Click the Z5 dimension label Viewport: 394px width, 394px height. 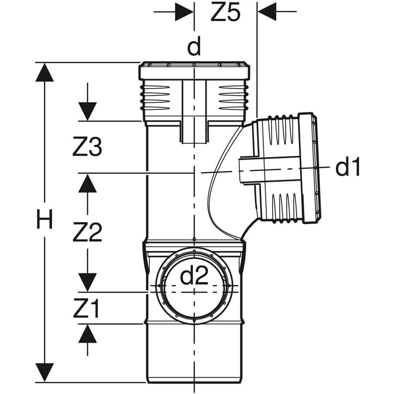click(225, 13)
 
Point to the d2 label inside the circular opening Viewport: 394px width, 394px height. click(195, 277)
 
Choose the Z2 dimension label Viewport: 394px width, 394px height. click(87, 232)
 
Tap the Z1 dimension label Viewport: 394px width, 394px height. click(86, 309)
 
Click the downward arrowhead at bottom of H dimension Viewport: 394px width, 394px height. click(44, 372)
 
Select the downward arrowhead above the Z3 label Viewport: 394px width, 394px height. click(87, 112)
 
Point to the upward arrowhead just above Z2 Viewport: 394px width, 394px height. click(87, 183)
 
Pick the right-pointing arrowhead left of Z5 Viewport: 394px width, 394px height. click(184, 12)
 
